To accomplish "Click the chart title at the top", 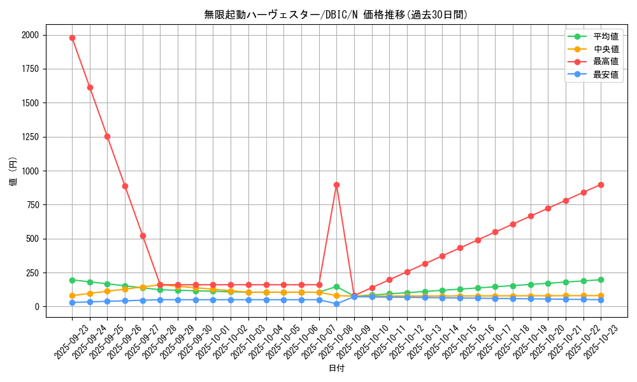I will tap(336, 15).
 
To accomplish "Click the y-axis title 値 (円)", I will tap(13, 171).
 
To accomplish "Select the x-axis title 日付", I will tap(336, 369).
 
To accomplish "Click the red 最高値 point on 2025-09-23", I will tap(72, 38).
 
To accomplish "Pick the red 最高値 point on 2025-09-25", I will tap(107, 136).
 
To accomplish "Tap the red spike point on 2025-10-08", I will tap(336, 185).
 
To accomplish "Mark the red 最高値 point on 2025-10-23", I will tap(601, 185).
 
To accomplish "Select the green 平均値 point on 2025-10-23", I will tap(601, 279).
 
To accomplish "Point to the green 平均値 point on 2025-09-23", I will tap(72, 280).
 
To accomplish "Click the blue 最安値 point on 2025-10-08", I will tap(336, 304).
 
